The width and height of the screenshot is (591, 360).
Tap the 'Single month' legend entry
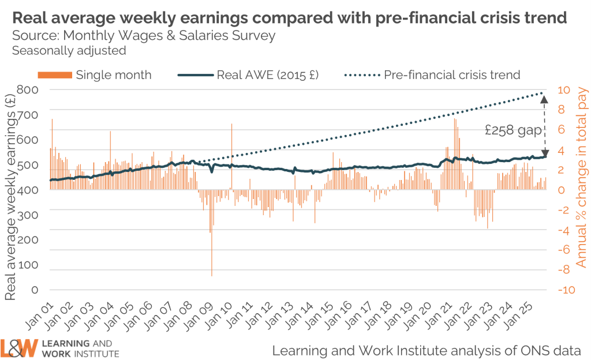[113, 75]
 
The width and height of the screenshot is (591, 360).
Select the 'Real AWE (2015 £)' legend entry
[267, 75]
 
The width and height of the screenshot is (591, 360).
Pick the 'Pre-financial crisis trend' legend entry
[452, 75]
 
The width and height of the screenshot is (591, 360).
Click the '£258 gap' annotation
[513, 130]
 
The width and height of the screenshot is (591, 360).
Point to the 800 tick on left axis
[27, 89]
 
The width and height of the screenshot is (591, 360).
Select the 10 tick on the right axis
[563, 89]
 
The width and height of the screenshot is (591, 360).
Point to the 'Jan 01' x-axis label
[44, 317]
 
